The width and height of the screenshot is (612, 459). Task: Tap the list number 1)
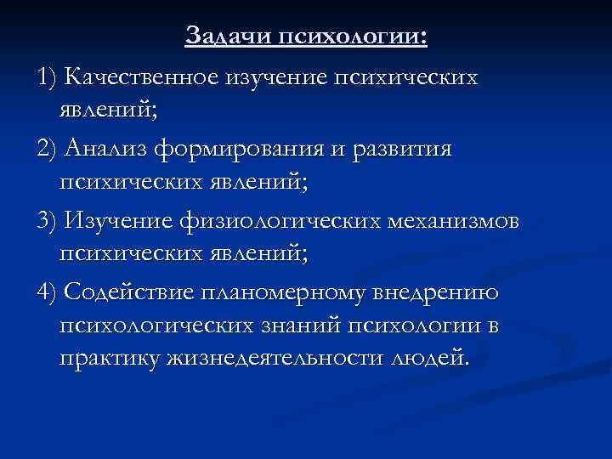(48, 78)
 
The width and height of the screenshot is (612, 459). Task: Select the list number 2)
(48, 150)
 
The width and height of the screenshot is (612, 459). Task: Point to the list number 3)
(48, 221)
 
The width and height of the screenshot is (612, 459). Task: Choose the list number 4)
(48, 292)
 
